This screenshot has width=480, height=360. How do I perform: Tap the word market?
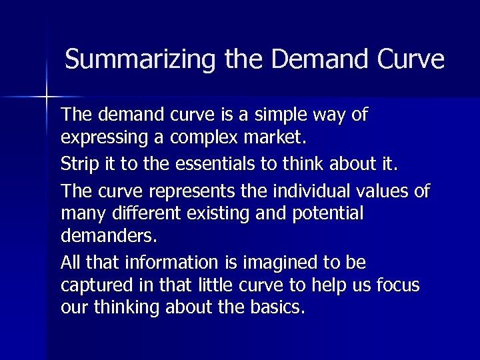click(x=276, y=138)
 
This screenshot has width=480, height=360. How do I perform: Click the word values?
click(x=387, y=191)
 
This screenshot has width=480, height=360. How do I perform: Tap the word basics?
click(x=279, y=308)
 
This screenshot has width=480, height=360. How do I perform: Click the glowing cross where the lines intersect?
click(x=47, y=97)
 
